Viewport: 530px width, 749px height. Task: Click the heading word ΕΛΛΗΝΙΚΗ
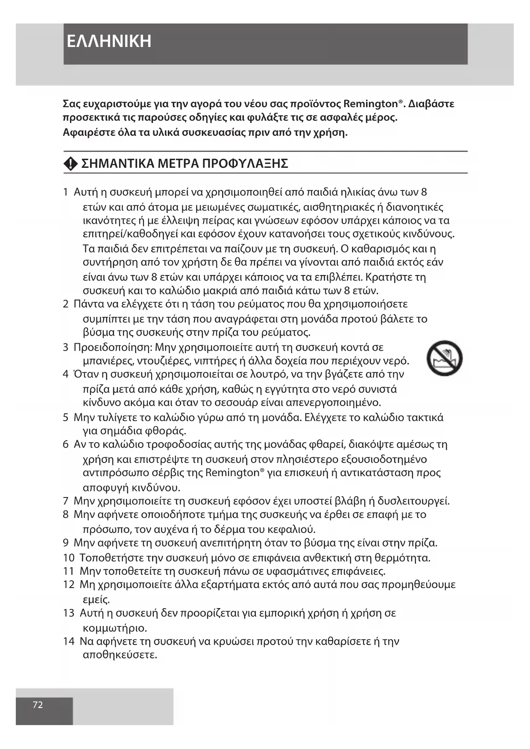click(109, 41)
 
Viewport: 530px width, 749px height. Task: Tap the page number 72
click(38, 705)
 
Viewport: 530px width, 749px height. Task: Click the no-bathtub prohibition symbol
click(445, 358)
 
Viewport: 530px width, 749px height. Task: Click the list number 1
click(66, 192)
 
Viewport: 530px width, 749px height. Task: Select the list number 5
click(66, 417)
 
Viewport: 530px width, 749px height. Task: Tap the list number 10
click(69, 558)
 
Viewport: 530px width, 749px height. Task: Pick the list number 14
click(69, 641)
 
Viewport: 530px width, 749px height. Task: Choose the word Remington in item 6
click(232, 473)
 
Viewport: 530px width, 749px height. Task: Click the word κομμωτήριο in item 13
click(115, 628)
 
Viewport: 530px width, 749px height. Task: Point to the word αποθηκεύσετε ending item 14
click(120, 655)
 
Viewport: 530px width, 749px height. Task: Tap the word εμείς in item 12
click(96, 600)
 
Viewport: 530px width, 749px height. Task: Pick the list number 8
click(66, 515)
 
